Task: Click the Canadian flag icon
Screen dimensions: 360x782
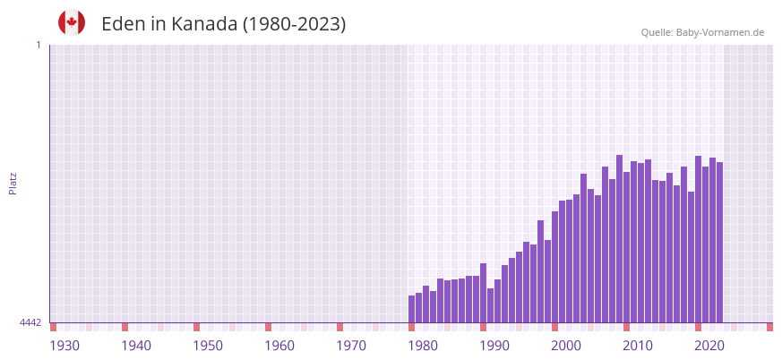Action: (72, 23)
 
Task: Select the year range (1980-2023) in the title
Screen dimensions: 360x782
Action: (294, 24)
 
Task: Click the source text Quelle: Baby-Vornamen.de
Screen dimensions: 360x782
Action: (702, 32)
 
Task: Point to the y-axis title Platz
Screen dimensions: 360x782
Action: (13, 183)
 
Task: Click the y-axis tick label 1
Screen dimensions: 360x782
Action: (38, 45)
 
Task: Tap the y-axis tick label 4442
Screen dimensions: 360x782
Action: (30, 322)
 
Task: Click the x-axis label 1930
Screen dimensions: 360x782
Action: (64, 346)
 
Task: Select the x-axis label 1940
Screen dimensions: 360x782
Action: (136, 346)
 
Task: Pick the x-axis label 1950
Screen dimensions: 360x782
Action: (208, 346)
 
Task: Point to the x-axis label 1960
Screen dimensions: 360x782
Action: (279, 346)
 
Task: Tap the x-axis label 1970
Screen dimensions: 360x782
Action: (351, 346)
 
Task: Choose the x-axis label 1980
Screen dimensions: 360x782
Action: (423, 346)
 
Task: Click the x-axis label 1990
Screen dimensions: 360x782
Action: (494, 346)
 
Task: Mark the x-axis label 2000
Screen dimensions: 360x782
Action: (566, 346)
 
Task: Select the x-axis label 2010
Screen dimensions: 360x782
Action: (638, 346)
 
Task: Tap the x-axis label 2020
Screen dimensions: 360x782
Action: (709, 346)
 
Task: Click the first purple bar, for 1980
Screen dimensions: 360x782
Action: (412, 309)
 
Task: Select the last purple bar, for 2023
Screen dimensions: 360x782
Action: (719, 242)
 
